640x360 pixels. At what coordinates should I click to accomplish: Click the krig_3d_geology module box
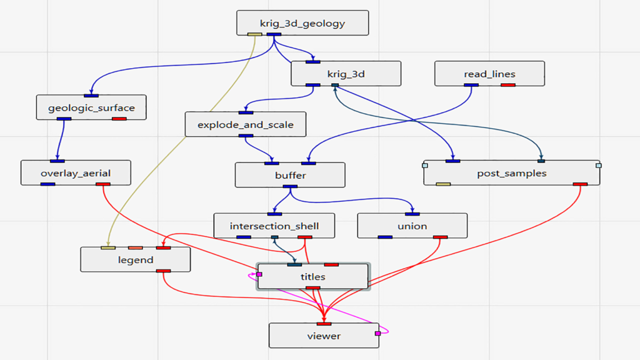[x=302, y=23]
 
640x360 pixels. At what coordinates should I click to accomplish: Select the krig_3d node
[x=346, y=74]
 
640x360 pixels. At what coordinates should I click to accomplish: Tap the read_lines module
[x=489, y=74]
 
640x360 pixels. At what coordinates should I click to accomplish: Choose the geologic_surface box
[x=91, y=107]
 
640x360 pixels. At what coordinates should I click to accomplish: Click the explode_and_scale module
[x=245, y=124]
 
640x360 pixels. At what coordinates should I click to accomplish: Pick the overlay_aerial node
[x=76, y=172]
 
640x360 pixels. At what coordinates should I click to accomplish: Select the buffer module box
[x=290, y=175]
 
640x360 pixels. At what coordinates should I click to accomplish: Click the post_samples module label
[x=511, y=173]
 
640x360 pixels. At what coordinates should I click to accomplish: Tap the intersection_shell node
[x=274, y=226]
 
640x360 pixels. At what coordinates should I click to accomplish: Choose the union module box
[x=412, y=226]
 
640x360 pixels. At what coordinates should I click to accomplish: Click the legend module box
[x=136, y=259]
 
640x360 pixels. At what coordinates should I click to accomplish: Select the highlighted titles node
[x=313, y=276]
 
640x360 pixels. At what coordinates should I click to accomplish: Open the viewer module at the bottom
[x=324, y=336]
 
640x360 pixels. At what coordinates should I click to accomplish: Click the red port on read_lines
[x=507, y=85]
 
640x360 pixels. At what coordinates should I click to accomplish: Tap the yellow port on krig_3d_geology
[x=255, y=34]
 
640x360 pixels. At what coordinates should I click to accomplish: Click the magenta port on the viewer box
[x=378, y=334]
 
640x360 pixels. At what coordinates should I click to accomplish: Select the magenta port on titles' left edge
[x=259, y=274]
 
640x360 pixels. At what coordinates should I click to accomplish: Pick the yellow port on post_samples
[x=443, y=184]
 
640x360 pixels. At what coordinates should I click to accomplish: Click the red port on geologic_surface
[x=119, y=119]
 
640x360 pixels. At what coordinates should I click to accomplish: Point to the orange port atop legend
[x=136, y=247]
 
